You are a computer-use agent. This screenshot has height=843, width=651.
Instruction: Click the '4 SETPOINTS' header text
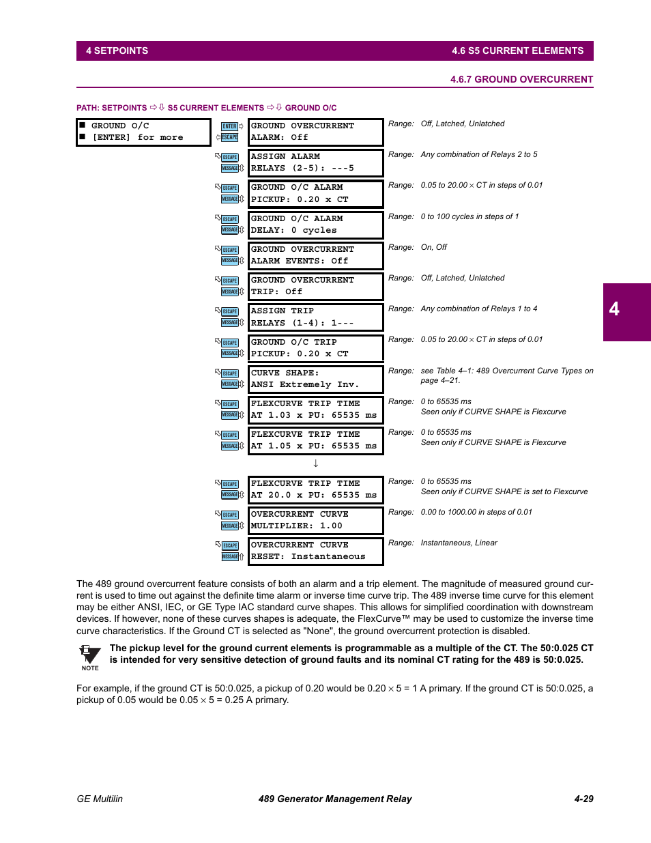117,51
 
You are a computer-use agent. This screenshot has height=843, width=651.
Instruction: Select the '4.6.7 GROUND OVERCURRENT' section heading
521,79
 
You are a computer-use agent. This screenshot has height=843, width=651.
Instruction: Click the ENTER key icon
229,126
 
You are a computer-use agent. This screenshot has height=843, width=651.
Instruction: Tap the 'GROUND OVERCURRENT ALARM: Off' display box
315,132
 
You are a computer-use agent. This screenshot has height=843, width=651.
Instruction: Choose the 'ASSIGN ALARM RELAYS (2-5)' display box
315,162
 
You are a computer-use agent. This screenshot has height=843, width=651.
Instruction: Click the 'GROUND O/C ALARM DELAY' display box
315,225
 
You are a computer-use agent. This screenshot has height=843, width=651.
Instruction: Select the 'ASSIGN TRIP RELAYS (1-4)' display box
315,317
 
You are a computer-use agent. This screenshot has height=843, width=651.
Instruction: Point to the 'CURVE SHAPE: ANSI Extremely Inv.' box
315,379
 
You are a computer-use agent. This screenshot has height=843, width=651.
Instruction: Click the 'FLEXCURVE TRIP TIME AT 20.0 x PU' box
315,489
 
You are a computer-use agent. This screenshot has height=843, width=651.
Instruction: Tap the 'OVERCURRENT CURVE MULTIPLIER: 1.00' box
315,520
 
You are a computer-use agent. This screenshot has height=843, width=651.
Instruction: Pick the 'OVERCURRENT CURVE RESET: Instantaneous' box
315,551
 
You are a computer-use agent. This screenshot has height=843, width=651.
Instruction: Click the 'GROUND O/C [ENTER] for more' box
143,132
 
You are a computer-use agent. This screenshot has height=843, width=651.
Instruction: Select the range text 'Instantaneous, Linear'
459,543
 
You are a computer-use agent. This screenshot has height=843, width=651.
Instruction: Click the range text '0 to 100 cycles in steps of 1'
469,217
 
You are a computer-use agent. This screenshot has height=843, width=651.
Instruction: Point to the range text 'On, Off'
433,248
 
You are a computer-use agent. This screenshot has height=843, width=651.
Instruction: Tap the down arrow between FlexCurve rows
315,463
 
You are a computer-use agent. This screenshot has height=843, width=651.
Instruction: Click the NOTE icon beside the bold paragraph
89,657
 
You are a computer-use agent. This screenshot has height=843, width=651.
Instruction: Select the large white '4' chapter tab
614,309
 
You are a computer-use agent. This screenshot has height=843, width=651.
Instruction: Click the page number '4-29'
583,799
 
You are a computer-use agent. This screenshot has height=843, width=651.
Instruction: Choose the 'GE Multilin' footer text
100,799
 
